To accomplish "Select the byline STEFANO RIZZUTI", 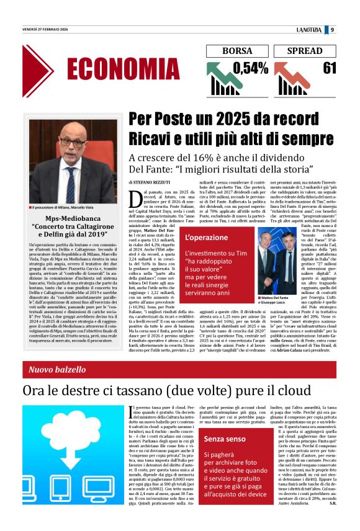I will tap(158, 183).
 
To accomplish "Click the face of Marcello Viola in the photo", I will tap(73, 141).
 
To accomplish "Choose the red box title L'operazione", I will tap(198, 238).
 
